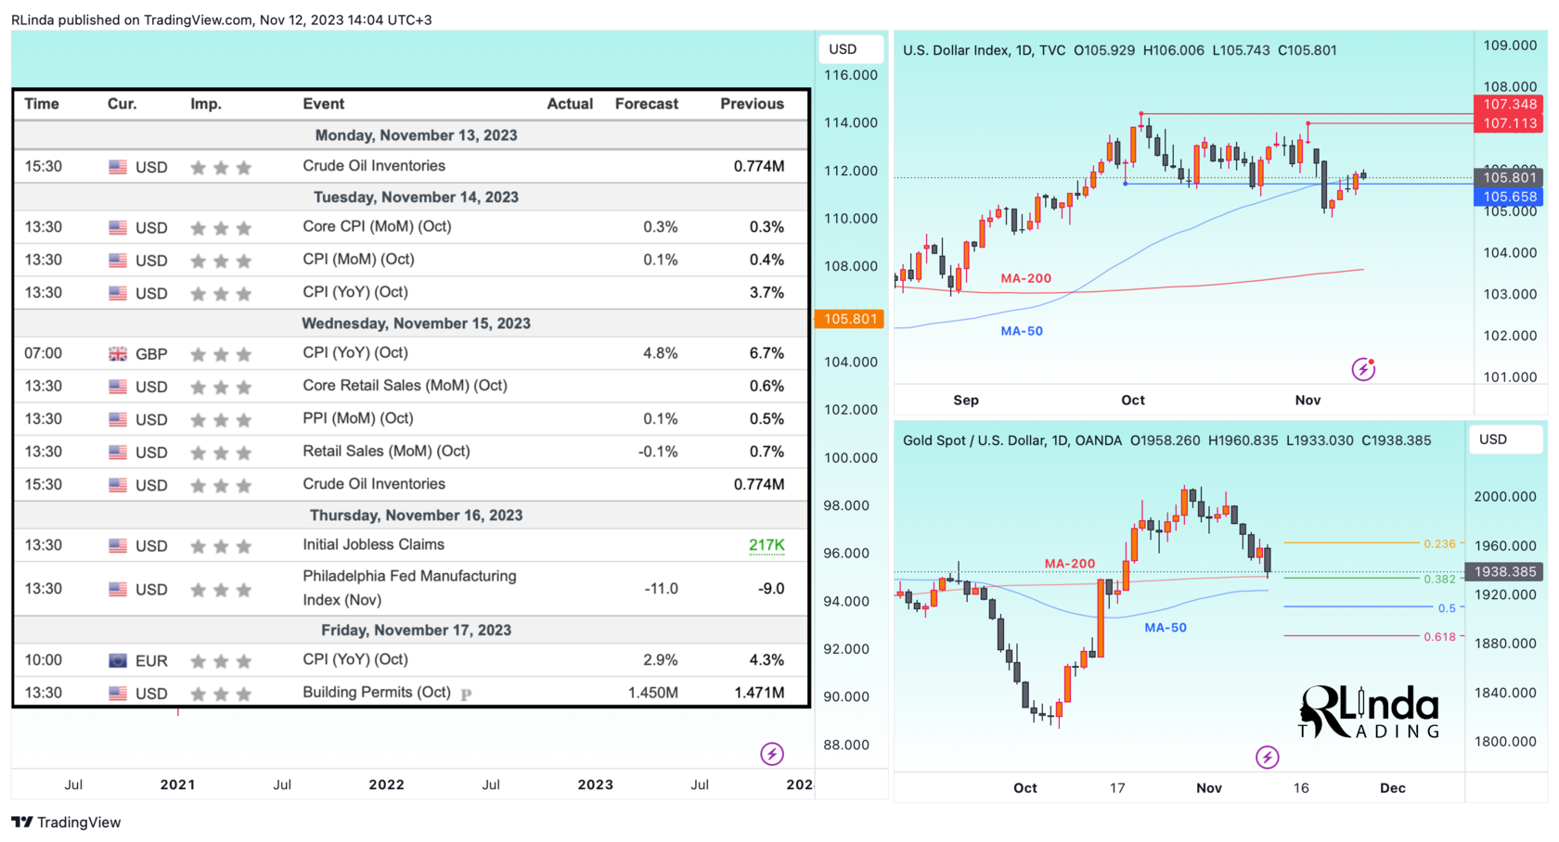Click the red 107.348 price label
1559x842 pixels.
(1509, 105)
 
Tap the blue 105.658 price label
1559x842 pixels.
(1509, 197)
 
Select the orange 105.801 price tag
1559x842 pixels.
(849, 319)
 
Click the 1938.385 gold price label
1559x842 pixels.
(1504, 572)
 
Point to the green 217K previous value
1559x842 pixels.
(767, 545)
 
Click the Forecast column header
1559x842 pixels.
(646, 104)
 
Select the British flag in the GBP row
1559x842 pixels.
(118, 354)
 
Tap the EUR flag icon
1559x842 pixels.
(118, 661)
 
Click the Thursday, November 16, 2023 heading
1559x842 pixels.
(416, 516)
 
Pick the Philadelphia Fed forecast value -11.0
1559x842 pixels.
(661, 589)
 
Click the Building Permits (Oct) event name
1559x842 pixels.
(376, 693)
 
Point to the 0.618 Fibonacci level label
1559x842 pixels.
(1439, 637)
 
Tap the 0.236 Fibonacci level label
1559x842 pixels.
(1439, 544)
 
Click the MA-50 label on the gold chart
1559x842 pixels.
(1165, 628)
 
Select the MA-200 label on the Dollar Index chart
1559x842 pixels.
(1025, 278)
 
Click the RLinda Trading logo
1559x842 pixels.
(1369, 712)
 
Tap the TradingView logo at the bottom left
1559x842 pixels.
(67, 823)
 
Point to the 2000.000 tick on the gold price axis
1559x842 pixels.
(1504, 497)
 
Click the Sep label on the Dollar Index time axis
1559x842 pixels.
(966, 401)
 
